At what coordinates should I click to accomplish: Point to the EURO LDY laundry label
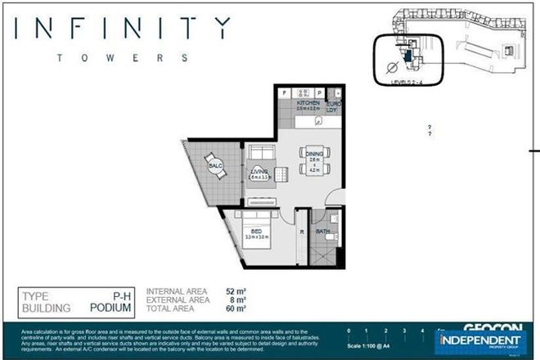334,106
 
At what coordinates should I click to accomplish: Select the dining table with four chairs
313,163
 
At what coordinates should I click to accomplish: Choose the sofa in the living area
261,155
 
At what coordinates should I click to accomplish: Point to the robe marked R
303,232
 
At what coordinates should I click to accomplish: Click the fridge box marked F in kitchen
284,92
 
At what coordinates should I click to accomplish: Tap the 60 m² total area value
235,309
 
